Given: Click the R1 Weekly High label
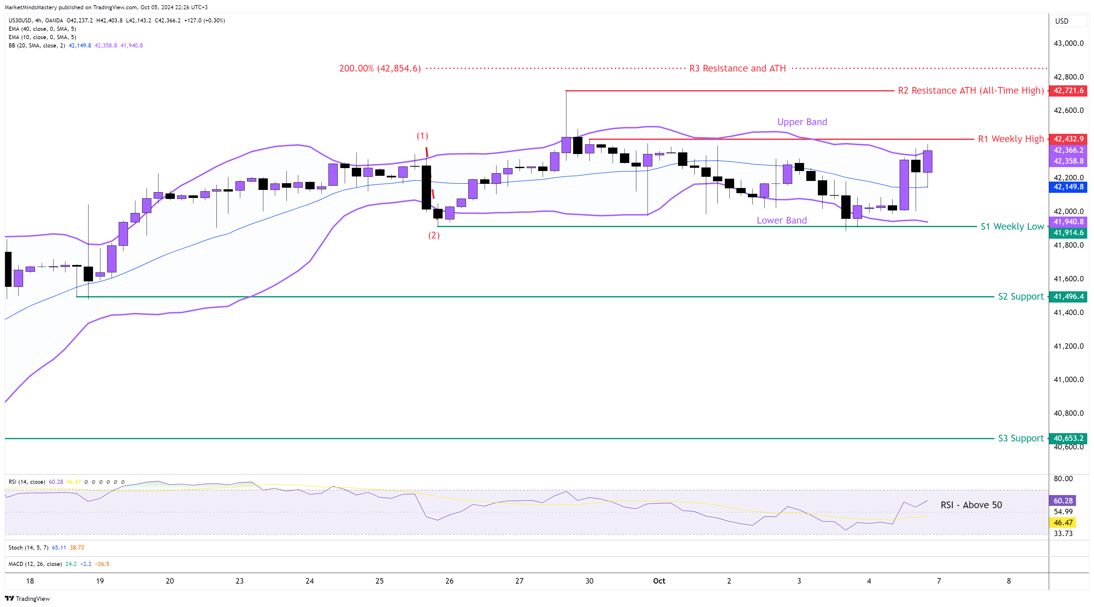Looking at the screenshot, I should tap(1010, 139).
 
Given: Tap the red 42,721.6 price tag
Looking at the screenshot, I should tap(1068, 90).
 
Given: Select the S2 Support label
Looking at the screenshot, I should tap(1021, 296).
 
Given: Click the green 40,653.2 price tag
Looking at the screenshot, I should tap(1068, 438).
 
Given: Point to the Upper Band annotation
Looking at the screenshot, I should tap(802, 122).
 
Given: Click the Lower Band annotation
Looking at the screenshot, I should tap(781, 220).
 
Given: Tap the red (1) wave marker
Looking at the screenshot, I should tap(422, 136).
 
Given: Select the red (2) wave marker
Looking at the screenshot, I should tap(434, 235).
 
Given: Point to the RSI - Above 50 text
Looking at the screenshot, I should tap(971, 505).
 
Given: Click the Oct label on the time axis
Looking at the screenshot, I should tap(659, 581).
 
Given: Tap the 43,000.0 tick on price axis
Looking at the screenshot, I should tap(1068, 43).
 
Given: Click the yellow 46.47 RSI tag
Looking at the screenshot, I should tap(1063, 523).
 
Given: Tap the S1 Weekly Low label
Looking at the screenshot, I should tap(1012, 227).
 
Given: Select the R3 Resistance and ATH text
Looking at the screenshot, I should tap(737, 68).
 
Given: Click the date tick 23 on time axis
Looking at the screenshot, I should tap(240, 581).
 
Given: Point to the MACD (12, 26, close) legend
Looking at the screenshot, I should tap(35, 564).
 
